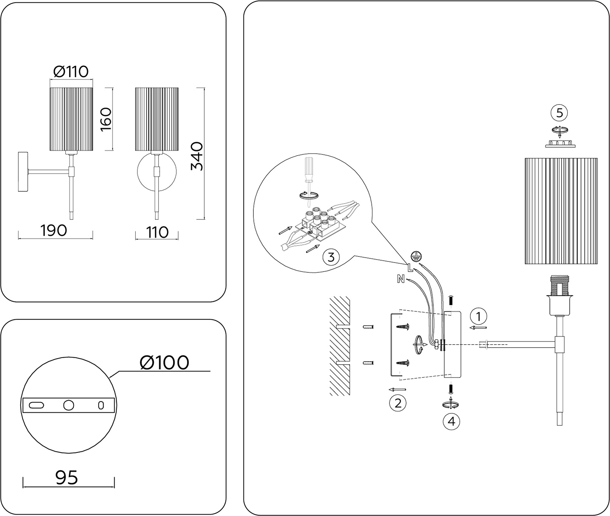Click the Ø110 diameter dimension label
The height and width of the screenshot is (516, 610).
(x=71, y=71)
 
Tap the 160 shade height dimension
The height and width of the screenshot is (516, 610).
(x=106, y=119)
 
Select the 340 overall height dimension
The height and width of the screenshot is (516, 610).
(x=197, y=156)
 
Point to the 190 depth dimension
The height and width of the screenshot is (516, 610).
(x=54, y=230)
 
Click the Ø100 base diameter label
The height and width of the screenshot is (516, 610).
(x=164, y=363)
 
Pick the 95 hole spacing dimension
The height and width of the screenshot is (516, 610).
(x=67, y=477)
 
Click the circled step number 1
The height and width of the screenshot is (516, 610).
(x=479, y=316)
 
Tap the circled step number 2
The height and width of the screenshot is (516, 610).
(x=398, y=403)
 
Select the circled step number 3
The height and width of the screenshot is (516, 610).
(x=331, y=257)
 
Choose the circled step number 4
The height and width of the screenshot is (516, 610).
(x=452, y=421)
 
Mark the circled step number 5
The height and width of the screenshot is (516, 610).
(x=560, y=112)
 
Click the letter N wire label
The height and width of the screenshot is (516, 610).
(x=401, y=280)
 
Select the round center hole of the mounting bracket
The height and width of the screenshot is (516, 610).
(x=68, y=405)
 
